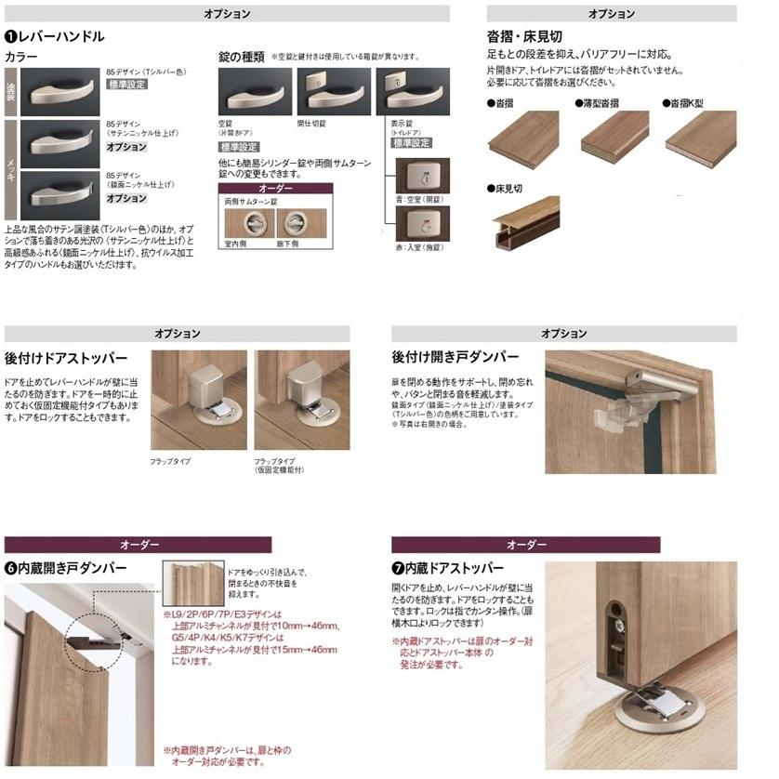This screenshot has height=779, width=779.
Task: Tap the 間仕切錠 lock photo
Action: pyautogui.click(x=332, y=92)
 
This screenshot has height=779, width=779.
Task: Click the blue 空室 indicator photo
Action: pyautogui.click(x=422, y=175)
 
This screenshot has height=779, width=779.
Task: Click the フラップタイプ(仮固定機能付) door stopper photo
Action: pyautogui.click(x=301, y=400)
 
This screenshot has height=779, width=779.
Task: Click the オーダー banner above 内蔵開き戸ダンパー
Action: pyautogui.click(x=139, y=545)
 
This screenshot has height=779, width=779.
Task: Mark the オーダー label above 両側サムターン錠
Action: pyautogui.click(x=274, y=189)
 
